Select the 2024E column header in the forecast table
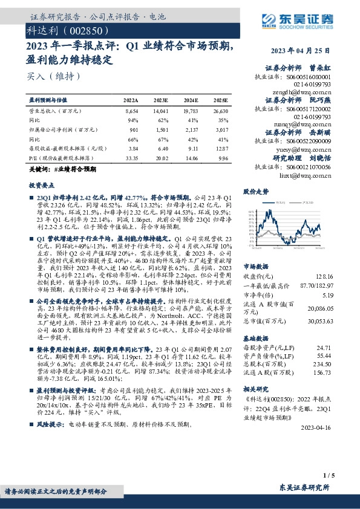click(x=190, y=100)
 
